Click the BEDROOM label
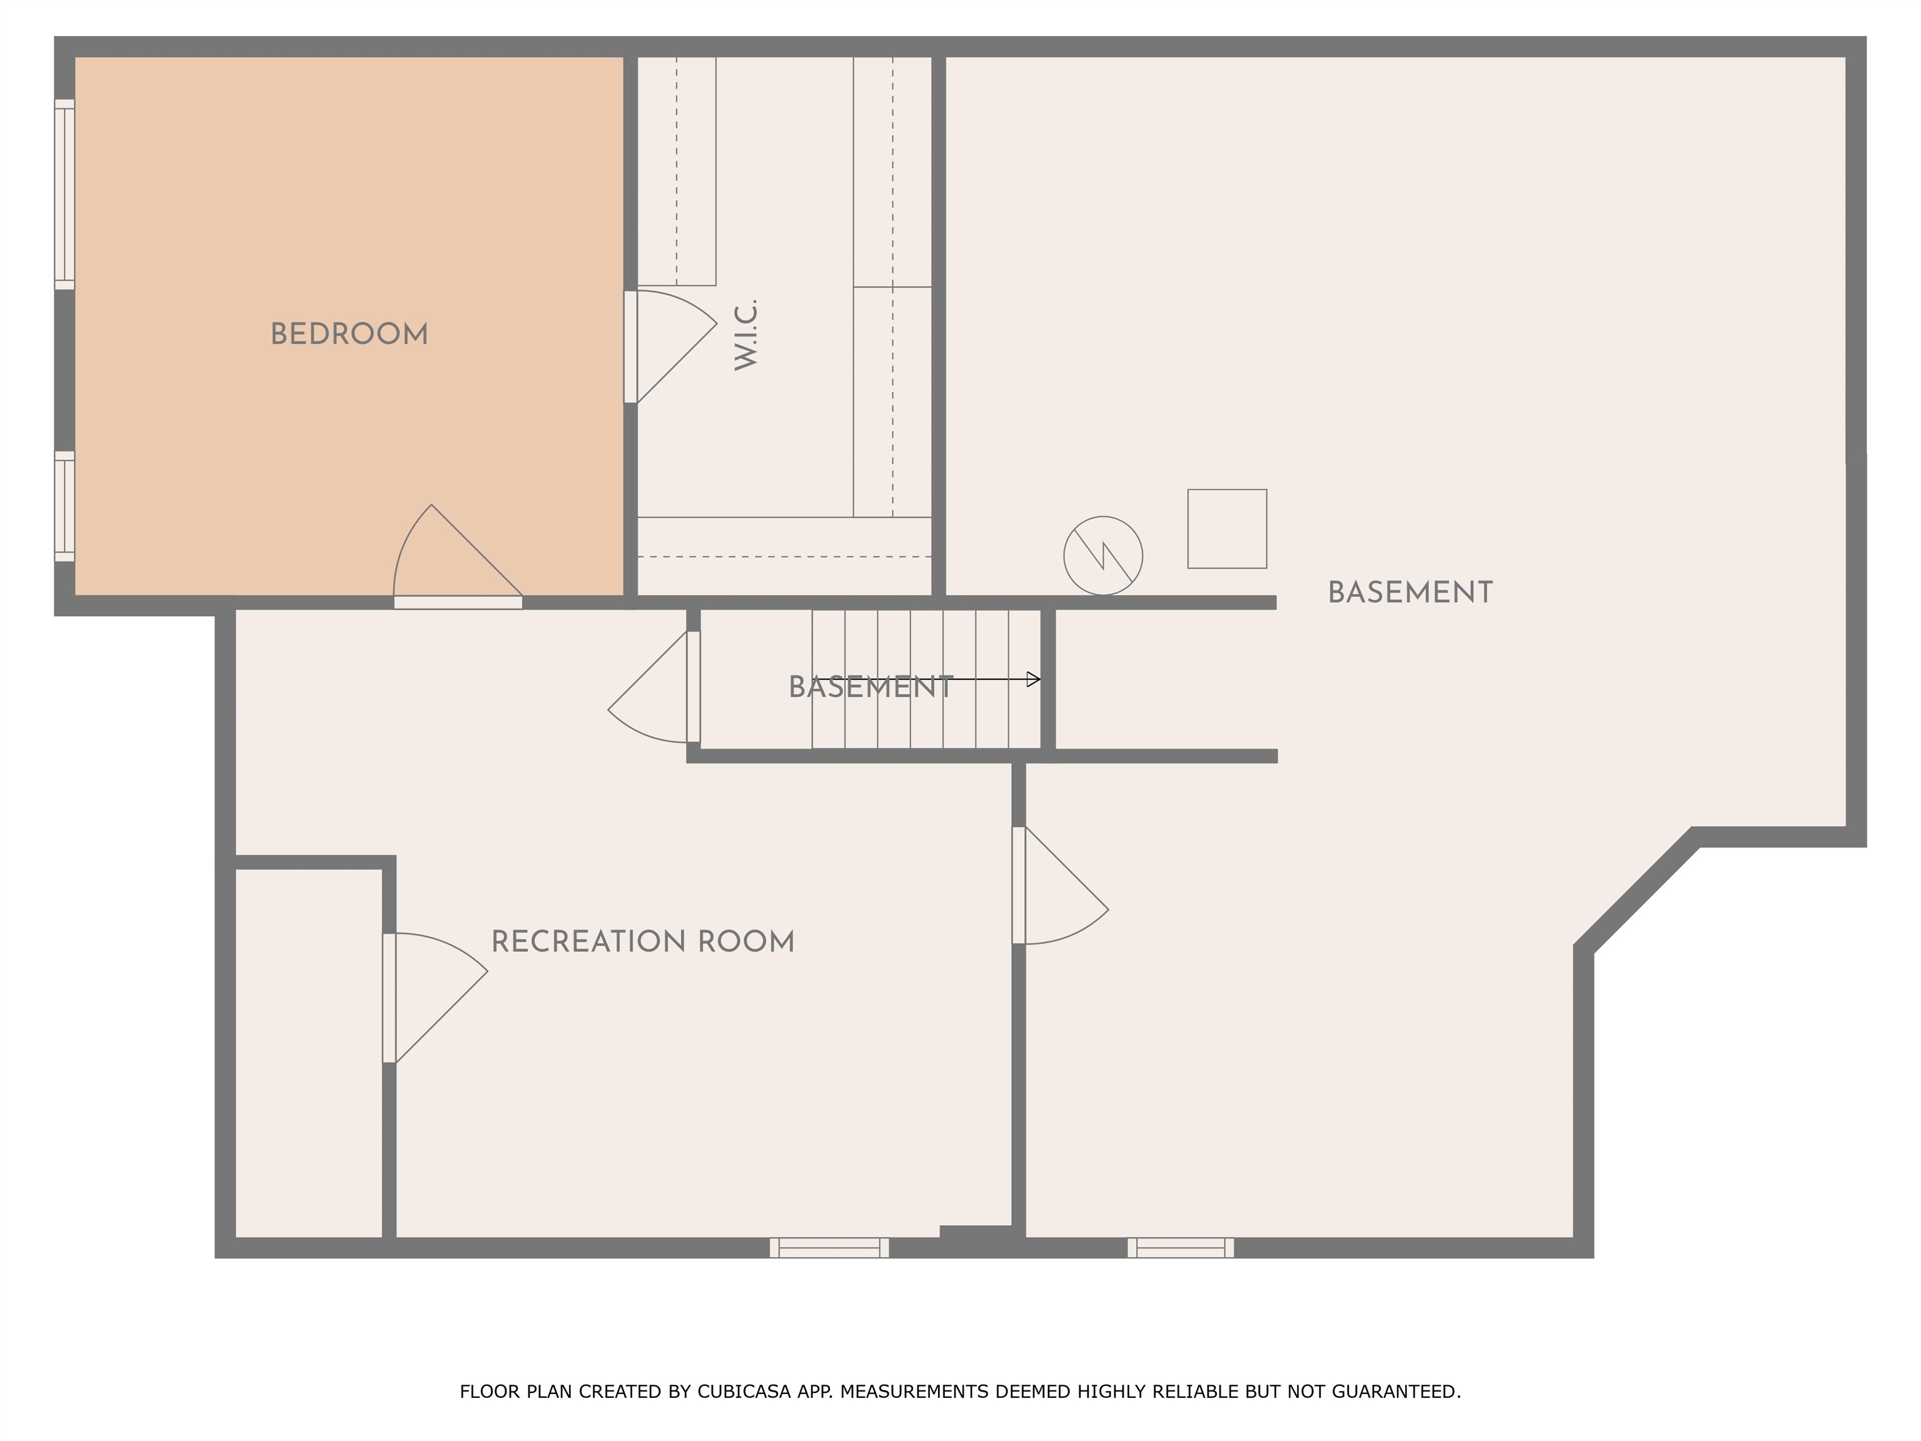[x=349, y=335]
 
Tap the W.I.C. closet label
[x=746, y=335]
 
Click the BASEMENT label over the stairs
[x=871, y=687]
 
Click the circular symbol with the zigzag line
[x=1103, y=556]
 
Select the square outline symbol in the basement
[x=1227, y=529]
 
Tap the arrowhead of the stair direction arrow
[x=1034, y=679]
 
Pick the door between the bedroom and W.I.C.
[x=670, y=346]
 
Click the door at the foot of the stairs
[x=654, y=686]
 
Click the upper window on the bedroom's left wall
[x=65, y=195]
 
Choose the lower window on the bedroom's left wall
[x=65, y=507]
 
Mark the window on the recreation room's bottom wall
[x=829, y=1247]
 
